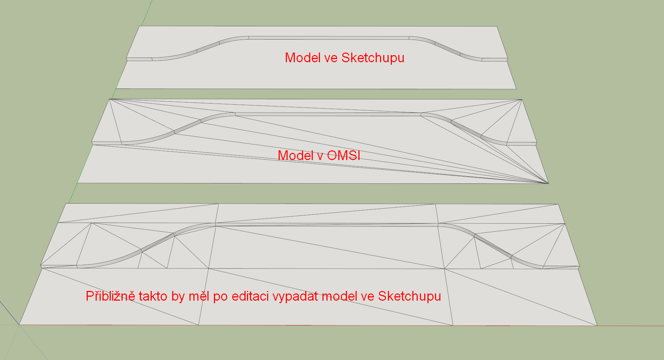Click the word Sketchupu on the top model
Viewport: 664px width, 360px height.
[x=373, y=58]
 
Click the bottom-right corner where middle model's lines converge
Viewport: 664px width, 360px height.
[x=548, y=183]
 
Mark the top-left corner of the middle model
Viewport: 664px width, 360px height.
[x=110, y=99]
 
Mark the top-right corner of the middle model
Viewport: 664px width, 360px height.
[x=521, y=100]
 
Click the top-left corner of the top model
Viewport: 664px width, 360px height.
[x=139, y=26]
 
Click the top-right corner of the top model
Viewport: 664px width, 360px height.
[x=497, y=26]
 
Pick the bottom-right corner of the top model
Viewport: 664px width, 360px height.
[x=516, y=89]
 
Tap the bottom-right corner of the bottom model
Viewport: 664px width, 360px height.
[x=597, y=325]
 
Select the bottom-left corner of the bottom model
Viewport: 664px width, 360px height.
[x=19, y=325]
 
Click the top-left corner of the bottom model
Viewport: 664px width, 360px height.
[x=66, y=204]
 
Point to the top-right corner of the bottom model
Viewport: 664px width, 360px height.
[x=558, y=204]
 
